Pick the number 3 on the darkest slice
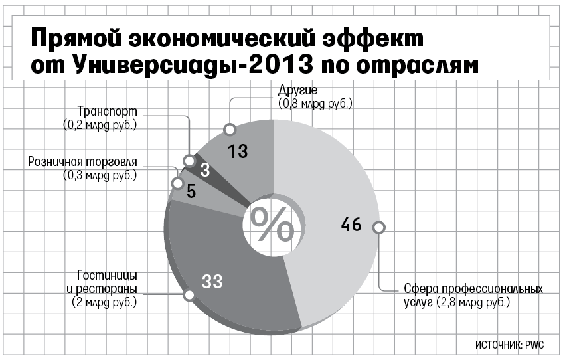(204, 170)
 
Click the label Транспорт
(106, 111)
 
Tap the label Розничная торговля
(83, 163)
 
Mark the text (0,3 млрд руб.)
(100, 176)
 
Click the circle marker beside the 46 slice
(378, 227)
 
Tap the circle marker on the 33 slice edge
(189, 295)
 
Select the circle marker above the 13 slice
(229, 129)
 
